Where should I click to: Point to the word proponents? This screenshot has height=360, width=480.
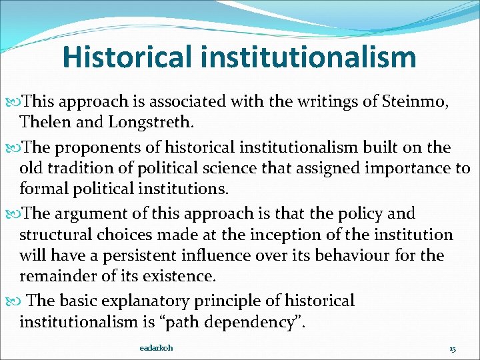coord(92,147)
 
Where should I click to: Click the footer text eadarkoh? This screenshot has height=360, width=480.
coord(157,348)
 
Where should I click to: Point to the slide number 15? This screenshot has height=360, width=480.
coord(452,349)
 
